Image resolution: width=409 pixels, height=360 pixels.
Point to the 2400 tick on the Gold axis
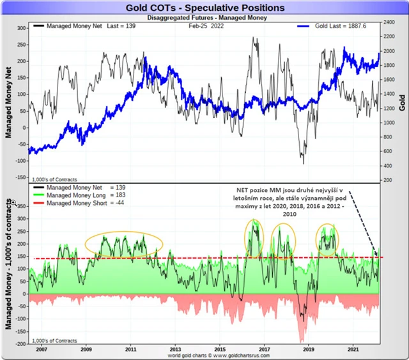[x=387, y=22]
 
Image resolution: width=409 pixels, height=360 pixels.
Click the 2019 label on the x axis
[x=309, y=350]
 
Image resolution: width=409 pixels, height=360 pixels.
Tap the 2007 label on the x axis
[x=42, y=350]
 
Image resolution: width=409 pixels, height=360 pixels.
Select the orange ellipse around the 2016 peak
[x=254, y=235]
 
